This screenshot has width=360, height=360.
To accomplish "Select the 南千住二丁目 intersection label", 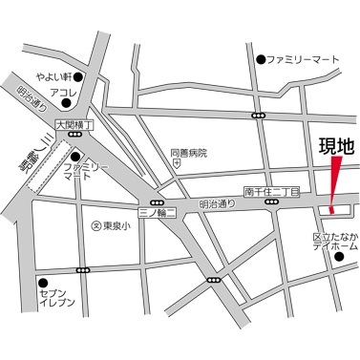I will click(271, 192).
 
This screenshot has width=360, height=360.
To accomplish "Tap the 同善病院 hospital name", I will click(188, 153).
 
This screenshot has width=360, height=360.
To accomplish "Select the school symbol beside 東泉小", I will click(94, 226).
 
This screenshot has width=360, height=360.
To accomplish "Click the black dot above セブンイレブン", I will click(42, 282).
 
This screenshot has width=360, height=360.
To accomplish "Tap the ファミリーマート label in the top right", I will click(305, 60).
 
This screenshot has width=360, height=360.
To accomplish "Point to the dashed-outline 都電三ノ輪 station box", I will click(47, 168).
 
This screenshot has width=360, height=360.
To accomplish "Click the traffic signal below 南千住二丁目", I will click(271, 202).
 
